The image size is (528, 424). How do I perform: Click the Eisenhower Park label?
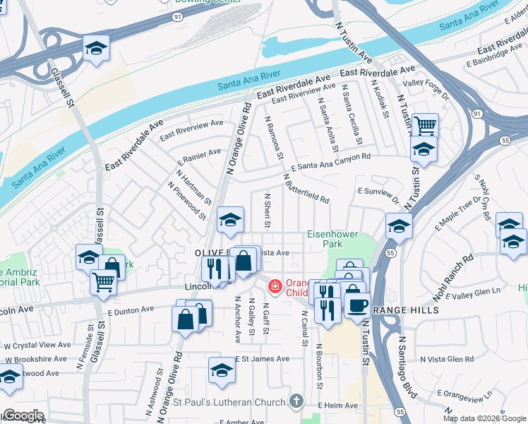(x=332, y=239)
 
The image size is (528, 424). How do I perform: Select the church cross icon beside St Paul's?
(x=298, y=400)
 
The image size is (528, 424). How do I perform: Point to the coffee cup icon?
(x=358, y=305)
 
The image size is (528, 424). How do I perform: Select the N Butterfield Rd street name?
(x=306, y=189)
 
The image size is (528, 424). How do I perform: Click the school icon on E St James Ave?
(x=222, y=370)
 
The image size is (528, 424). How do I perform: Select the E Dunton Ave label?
(x=131, y=310)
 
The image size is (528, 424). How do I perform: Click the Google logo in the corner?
(x=23, y=416)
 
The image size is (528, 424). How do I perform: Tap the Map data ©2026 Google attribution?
(x=484, y=418)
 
